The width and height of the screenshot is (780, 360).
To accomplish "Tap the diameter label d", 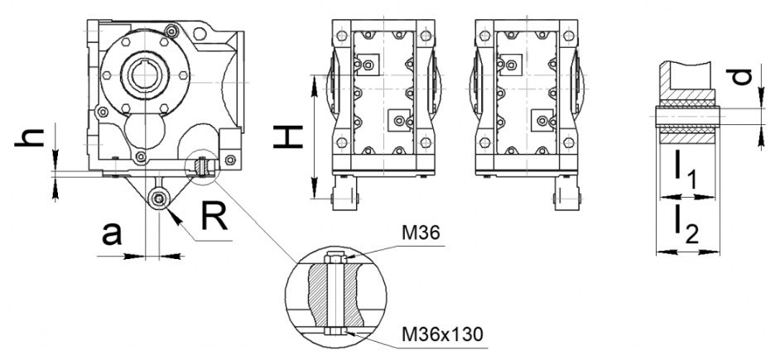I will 744,77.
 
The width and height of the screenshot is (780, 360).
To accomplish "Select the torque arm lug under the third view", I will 567,194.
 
